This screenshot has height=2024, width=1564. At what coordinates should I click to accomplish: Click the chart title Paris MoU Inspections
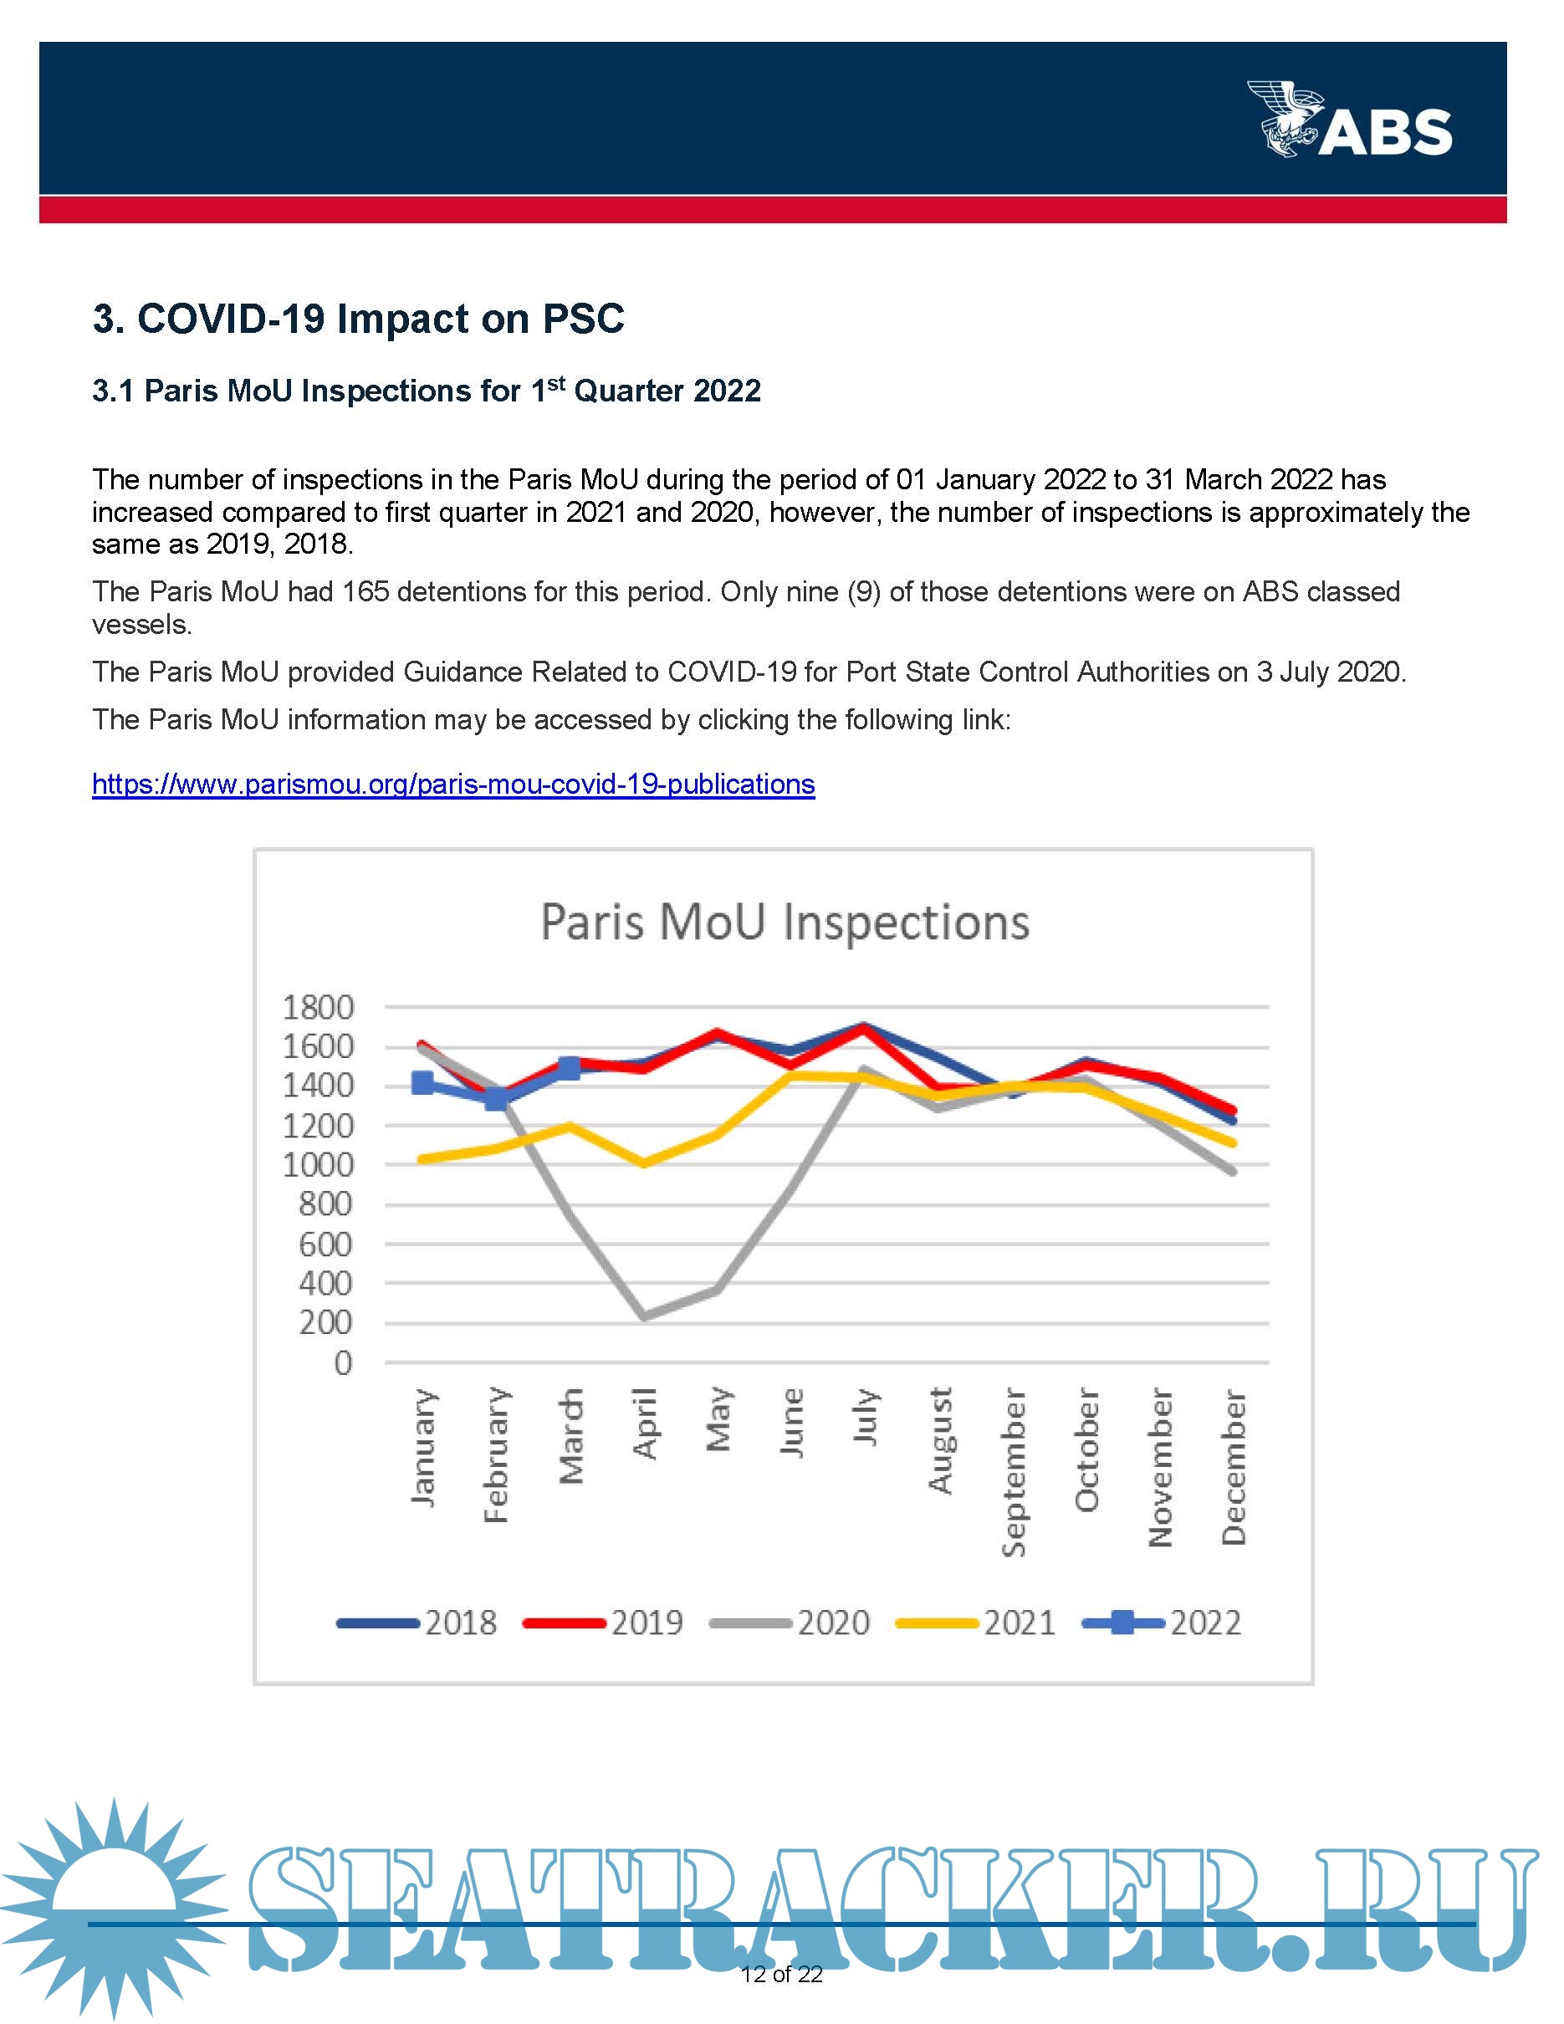(784, 923)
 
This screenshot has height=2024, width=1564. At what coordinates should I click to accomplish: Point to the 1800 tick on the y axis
(318, 1007)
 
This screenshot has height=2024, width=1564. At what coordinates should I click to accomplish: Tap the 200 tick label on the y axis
(325, 1322)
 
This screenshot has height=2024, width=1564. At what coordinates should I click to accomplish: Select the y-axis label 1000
(318, 1165)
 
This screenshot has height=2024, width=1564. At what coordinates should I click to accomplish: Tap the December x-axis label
(1234, 1466)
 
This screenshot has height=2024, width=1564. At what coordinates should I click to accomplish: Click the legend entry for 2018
(418, 1623)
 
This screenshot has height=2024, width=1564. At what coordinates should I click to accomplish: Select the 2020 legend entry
(790, 1623)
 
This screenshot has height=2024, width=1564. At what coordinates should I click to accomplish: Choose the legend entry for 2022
(1163, 1623)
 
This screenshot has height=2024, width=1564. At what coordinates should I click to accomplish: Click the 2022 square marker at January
(422, 1082)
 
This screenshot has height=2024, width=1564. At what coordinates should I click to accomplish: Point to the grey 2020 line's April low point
(644, 1316)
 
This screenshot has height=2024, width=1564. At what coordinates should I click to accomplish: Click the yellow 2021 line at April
(644, 1163)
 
